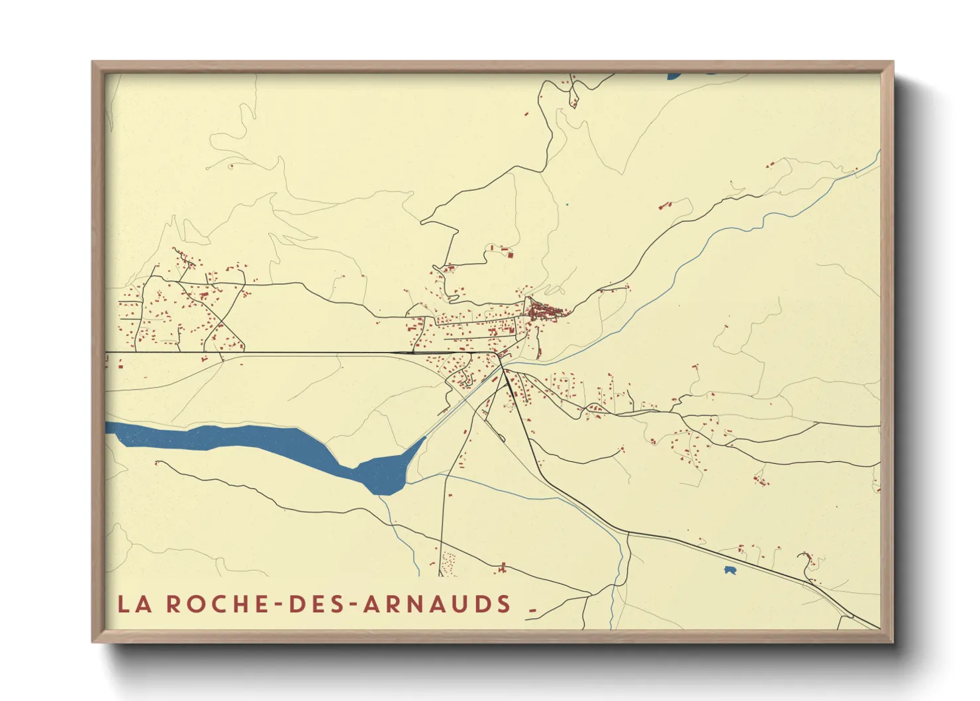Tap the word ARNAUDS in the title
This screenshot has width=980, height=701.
437,604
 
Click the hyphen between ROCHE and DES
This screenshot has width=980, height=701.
279,604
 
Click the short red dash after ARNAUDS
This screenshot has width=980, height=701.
532,608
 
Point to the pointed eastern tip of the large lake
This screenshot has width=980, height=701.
424,438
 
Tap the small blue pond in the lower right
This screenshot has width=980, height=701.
730,570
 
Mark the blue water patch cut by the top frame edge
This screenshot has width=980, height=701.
674,76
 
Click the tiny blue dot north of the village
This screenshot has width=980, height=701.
567,204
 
